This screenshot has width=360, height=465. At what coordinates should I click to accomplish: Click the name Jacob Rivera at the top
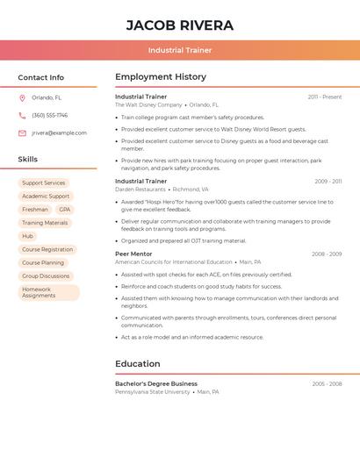180,25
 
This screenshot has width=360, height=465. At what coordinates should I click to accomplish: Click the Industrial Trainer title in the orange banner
180,50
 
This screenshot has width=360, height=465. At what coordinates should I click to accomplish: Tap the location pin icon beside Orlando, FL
22,97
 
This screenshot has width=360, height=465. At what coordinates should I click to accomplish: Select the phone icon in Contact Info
22,115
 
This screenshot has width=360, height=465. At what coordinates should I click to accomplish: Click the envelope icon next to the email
22,133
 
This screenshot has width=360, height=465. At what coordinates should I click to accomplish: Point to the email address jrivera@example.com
59,133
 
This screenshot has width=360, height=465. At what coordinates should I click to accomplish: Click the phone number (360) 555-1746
49,115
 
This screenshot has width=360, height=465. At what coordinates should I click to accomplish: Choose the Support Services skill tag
43,183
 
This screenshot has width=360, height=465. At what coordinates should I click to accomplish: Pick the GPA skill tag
65,210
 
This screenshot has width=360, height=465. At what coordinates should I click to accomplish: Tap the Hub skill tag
27,236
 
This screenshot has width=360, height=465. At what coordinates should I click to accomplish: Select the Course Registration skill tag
47,249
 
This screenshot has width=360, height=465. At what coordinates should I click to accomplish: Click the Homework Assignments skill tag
48,292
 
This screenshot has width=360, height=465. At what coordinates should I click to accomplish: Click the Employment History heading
161,77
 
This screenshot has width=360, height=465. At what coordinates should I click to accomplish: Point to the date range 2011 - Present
324,97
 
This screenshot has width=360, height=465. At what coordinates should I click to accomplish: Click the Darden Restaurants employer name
140,190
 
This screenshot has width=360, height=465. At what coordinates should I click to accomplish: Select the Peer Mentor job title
133,254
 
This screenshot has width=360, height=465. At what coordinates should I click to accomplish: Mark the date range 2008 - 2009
326,254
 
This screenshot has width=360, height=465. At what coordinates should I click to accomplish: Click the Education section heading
138,364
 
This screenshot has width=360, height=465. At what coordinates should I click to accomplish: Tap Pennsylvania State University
152,392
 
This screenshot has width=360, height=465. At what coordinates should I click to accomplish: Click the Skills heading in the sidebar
28,160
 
